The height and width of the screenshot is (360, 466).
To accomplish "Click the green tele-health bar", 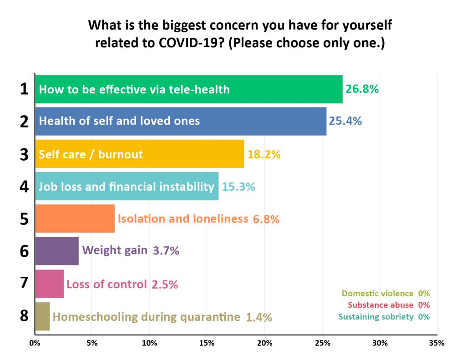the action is click(x=189, y=89).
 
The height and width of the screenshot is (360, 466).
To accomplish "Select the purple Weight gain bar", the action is click(x=57, y=251).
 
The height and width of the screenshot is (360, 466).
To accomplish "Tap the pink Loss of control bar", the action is click(x=50, y=284).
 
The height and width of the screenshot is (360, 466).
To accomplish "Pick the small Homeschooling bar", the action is click(x=42, y=316).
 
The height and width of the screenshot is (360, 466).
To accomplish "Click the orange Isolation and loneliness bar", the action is click(x=75, y=218).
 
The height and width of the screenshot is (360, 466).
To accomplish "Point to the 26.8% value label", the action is click(x=362, y=89).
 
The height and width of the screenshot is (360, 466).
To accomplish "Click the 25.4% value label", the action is click(x=345, y=121).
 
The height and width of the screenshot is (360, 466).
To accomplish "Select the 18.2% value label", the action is click(x=264, y=154).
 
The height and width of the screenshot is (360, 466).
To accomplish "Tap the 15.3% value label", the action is click(x=238, y=187).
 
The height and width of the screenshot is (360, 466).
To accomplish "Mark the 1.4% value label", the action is click(x=259, y=318).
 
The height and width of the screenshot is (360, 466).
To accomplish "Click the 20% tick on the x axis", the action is click(x=264, y=343).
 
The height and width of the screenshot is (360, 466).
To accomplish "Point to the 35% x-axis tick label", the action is click(x=437, y=343).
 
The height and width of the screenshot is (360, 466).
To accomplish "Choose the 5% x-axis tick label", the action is click(x=92, y=343).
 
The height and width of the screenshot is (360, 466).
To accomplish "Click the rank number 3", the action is click(x=25, y=154).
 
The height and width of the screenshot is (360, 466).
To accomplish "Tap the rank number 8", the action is click(x=25, y=316).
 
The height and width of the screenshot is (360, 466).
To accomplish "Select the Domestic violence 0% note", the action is click(x=386, y=294).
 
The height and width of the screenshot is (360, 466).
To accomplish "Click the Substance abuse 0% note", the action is click(x=389, y=305).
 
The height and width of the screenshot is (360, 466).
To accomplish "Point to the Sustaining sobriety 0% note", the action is click(x=384, y=317).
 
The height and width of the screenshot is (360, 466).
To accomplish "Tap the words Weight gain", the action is click(x=115, y=250).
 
